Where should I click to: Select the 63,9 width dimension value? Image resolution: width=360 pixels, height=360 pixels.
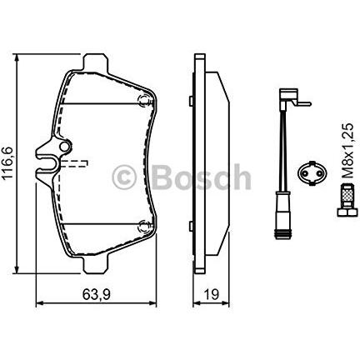[97, 294]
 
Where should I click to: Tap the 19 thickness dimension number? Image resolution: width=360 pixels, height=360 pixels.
[212, 294]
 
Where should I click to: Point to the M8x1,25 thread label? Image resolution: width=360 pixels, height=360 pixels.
[347, 151]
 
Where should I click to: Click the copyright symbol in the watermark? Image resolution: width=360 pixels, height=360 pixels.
[123, 177]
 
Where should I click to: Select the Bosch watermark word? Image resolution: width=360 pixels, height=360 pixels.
[202, 177]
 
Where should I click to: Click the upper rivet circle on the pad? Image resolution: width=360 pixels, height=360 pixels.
[144, 100]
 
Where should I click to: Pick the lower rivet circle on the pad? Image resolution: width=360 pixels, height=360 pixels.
[144, 226]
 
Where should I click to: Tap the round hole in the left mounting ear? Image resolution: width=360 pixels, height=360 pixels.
[65, 147]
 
